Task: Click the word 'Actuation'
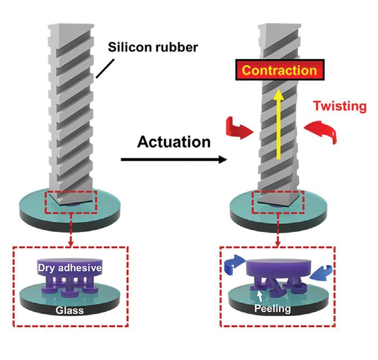174,142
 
